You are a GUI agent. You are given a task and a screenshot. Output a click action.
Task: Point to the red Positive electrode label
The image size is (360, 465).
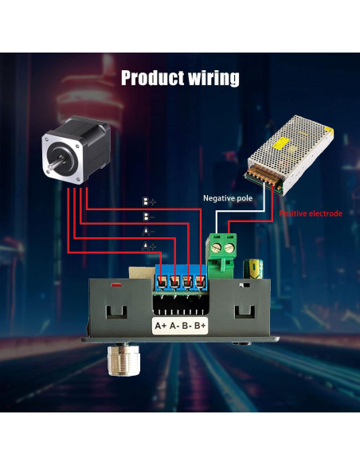[x=311, y=213]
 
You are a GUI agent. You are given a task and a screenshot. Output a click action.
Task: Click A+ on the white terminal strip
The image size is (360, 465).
[x=159, y=326]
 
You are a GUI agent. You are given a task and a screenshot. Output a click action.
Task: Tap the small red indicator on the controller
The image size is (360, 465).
[x=115, y=283]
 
